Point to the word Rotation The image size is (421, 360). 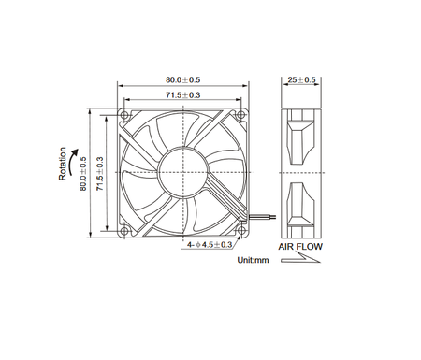point(62,165)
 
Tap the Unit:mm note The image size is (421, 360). point(253,259)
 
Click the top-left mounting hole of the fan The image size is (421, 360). point(125,113)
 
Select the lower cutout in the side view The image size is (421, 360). point(303,207)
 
